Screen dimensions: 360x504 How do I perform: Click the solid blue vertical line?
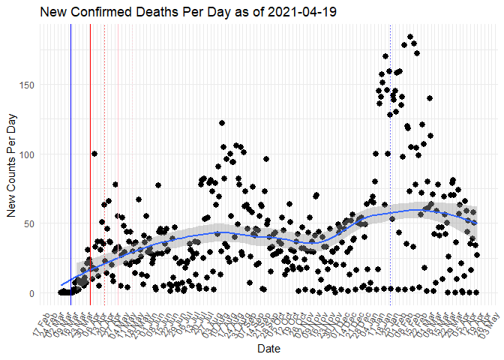point(70,165)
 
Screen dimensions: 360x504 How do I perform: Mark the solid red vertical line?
point(90,165)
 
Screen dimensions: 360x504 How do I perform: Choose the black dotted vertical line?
point(104,165)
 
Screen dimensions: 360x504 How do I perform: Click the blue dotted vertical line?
point(391,165)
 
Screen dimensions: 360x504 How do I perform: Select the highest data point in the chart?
point(409,37)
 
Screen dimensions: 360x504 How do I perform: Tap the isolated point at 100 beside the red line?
point(94,154)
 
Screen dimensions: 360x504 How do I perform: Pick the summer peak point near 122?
point(222,123)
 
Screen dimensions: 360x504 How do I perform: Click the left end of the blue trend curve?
point(61,286)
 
